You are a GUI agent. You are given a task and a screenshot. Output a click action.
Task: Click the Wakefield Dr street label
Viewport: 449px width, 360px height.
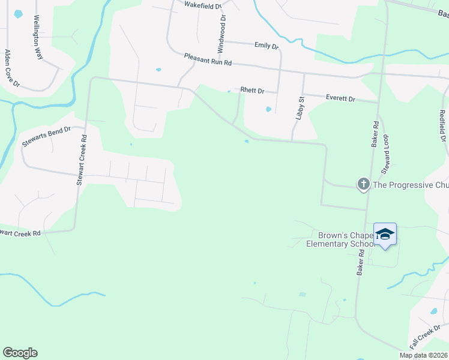[x=203, y=5]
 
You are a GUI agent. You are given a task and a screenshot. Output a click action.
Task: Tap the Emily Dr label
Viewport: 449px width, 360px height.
[x=267, y=46]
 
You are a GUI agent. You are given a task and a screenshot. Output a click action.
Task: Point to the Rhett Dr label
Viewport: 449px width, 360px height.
[x=252, y=91]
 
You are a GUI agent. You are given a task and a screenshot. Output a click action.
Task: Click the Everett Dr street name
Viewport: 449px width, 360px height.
[x=340, y=97]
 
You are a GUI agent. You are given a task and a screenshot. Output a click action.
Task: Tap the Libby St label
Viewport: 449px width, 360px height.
[x=301, y=109]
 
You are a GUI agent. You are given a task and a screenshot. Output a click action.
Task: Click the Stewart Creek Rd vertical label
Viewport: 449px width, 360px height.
[x=81, y=159]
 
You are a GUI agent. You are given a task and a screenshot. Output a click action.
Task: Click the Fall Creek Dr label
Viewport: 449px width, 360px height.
[x=426, y=340]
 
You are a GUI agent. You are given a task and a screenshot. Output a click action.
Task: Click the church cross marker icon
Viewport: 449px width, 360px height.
[x=363, y=184]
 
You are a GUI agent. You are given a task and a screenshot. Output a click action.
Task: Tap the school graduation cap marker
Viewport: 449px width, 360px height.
[x=385, y=234]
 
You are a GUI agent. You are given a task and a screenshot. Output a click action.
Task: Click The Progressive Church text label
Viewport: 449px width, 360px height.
[x=411, y=185]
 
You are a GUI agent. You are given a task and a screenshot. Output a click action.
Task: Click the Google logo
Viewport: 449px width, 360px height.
[x=20, y=353]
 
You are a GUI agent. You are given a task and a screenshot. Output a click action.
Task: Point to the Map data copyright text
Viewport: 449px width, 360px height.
[x=423, y=355]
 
